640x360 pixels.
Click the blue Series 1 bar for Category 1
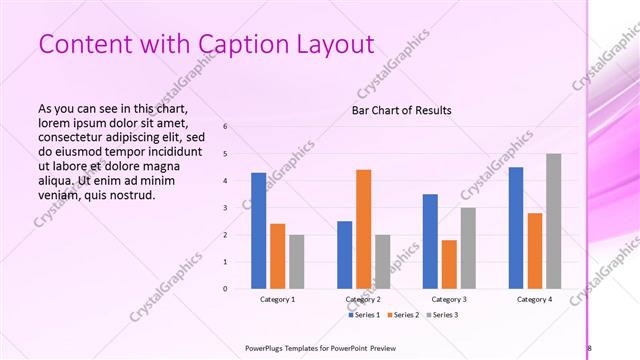pyautogui.click(x=258, y=231)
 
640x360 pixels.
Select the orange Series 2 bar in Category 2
pyautogui.click(x=363, y=229)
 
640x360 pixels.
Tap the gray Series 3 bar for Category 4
pyautogui.click(x=553, y=221)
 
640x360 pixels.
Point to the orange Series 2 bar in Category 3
pyautogui.click(x=449, y=264)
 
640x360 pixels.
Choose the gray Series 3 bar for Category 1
pyautogui.click(x=296, y=262)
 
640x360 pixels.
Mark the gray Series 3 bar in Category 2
pyautogui.click(x=382, y=262)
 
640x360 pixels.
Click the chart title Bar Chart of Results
pyautogui.click(x=401, y=110)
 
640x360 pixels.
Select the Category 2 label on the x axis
pyautogui.click(x=363, y=300)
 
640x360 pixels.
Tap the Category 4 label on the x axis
pyautogui.click(x=535, y=300)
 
